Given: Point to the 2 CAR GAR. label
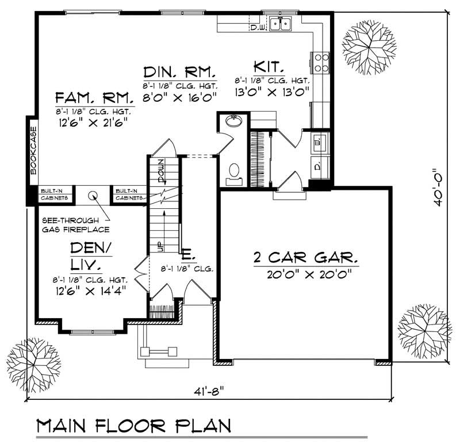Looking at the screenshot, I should [x=305, y=256].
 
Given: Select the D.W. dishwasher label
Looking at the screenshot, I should [x=256, y=26].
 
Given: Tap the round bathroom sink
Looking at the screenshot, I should [x=234, y=122].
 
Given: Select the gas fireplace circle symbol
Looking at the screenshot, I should [x=93, y=196].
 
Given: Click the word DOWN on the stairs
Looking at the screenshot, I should [x=160, y=169].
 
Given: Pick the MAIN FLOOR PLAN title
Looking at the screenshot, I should [x=133, y=427].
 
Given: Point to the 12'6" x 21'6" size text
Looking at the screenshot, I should [x=91, y=122].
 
